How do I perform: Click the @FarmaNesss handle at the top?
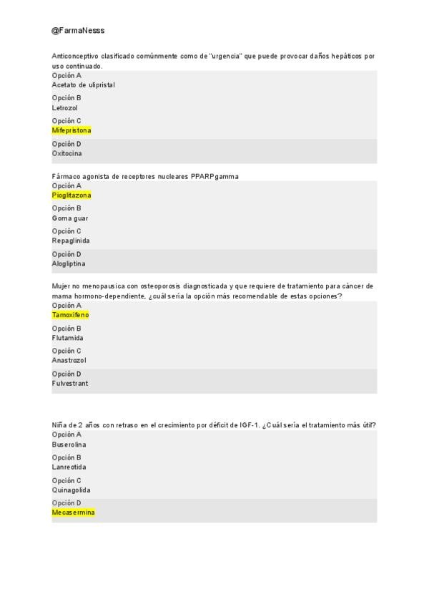click(x=78, y=31)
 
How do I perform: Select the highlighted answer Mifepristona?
click(x=71, y=131)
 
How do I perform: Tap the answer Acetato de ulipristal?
click(x=83, y=85)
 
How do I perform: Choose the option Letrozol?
click(x=65, y=108)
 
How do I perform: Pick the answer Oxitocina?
click(x=67, y=153)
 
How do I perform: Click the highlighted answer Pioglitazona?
click(x=71, y=195)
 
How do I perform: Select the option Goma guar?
click(x=70, y=218)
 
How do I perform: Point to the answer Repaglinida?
click(x=71, y=241)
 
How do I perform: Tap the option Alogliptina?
click(x=69, y=264)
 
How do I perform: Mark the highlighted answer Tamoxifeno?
click(x=70, y=315)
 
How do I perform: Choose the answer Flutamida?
click(x=68, y=338)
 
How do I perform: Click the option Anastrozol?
click(x=69, y=361)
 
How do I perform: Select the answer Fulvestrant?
click(x=70, y=384)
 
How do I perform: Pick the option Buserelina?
click(x=69, y=445)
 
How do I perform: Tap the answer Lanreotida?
click(x=69, y=467)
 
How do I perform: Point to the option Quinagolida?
click(x=71, y=490)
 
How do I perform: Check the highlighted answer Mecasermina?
click(x=73, y=513)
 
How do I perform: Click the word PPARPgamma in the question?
click(x=214, y=177)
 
